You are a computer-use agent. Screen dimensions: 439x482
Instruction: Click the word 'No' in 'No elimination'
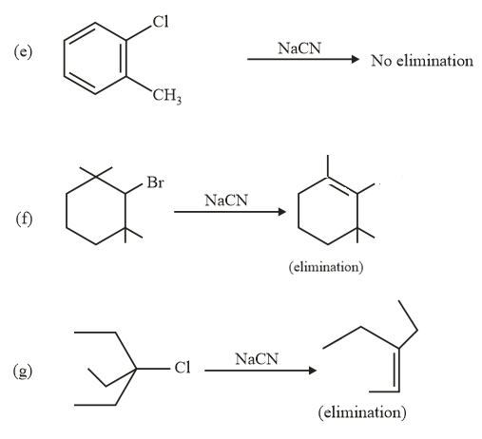click(x=381, y=61)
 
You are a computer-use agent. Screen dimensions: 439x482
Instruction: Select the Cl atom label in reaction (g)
click(x=183, y=370)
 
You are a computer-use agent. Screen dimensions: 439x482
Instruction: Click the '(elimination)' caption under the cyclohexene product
click(x=324, y=268)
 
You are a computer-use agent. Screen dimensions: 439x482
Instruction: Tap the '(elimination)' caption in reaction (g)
click(x=363, y=413)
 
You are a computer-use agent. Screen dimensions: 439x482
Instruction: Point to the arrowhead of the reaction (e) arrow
click(x=356, y=60)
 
